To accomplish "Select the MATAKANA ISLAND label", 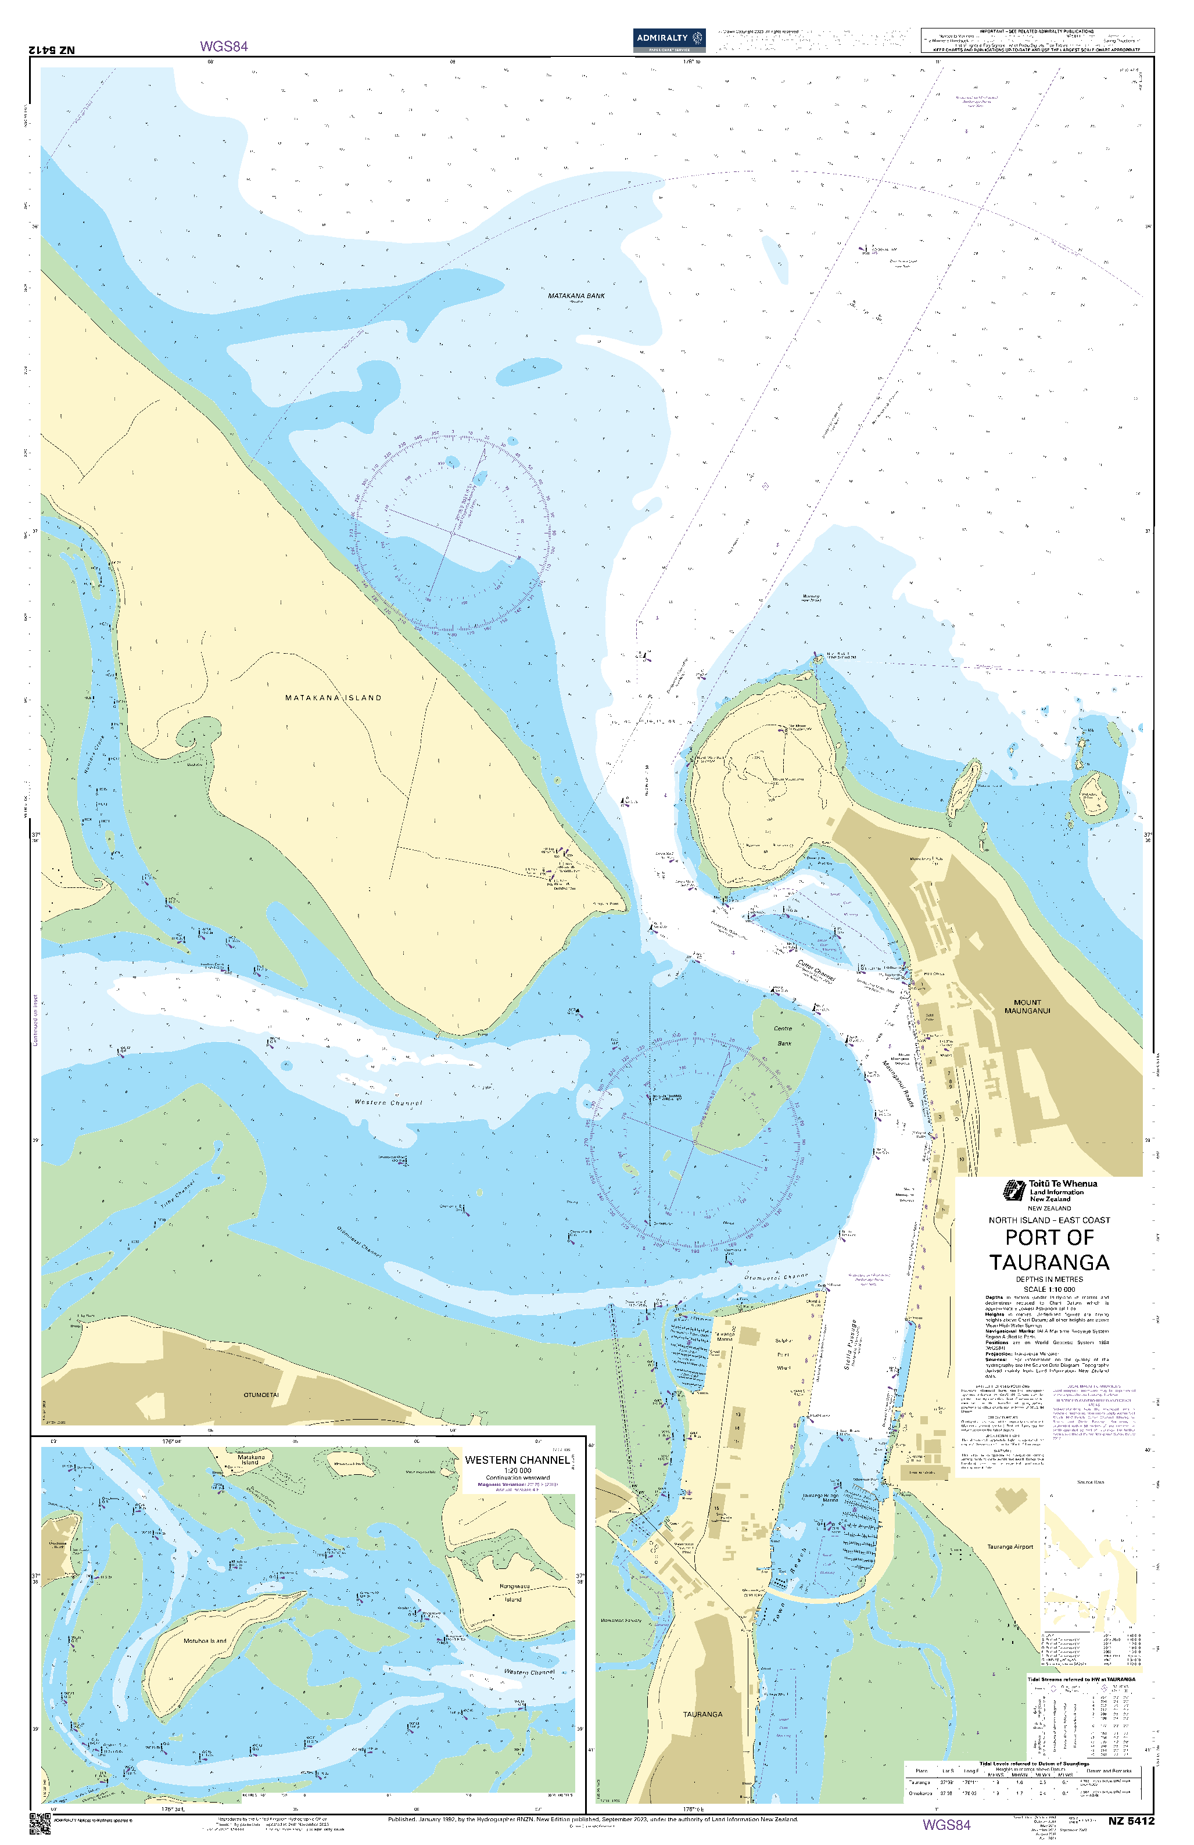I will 334,698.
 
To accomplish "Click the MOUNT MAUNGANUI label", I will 1027,1006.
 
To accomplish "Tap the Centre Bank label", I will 784,1036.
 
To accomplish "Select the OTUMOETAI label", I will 261,1395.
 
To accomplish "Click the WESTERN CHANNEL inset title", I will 517,1460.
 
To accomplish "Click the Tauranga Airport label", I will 1009,1546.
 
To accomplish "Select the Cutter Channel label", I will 816,970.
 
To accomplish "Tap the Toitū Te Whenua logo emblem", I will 1014,1190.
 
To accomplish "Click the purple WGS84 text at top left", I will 224,46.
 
